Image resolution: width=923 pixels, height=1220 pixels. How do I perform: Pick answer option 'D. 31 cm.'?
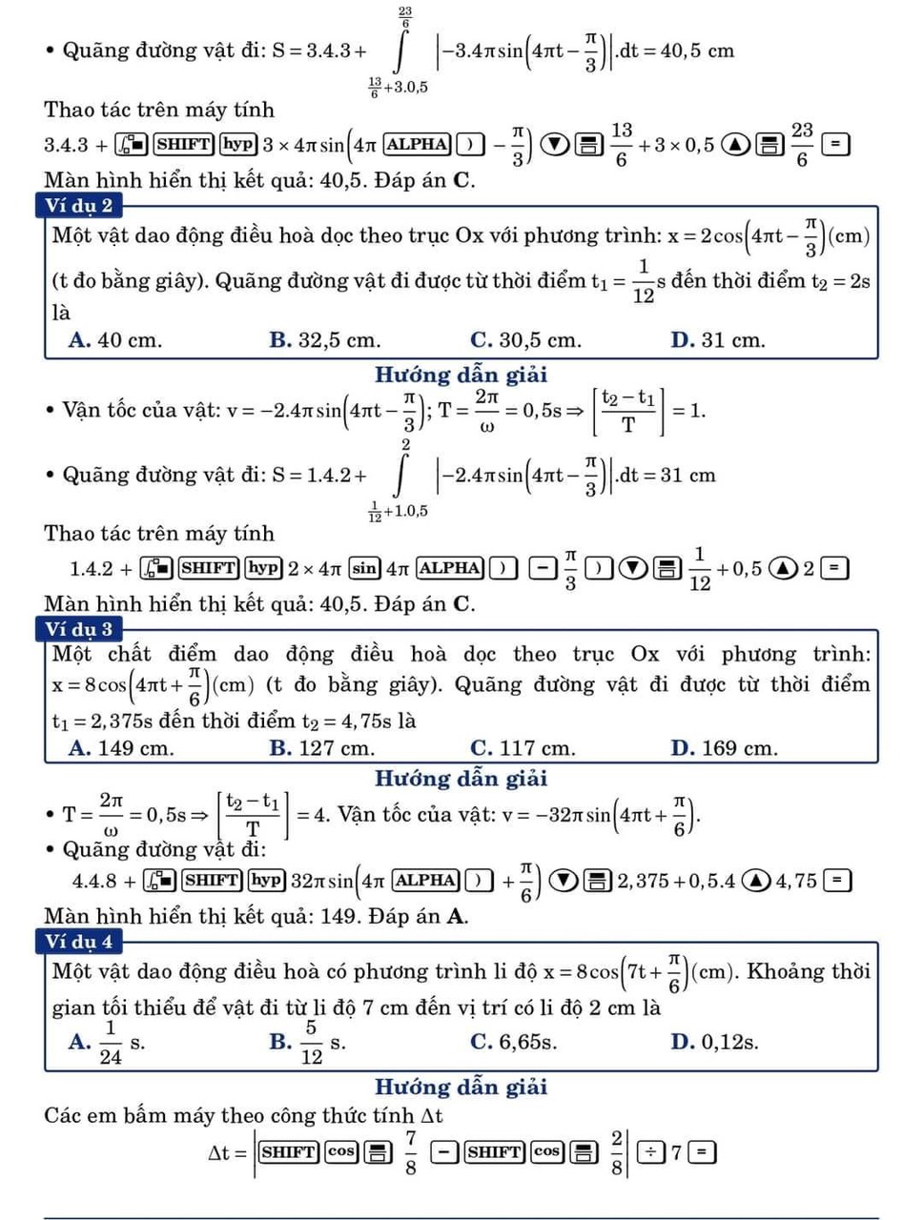[717, 340]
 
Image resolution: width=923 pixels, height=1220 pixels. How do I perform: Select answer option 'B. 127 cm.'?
[321, 748]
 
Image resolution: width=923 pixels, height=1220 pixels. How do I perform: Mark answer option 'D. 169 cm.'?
[724, 748]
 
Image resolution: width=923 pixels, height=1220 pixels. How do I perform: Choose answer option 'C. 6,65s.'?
[513, 1042]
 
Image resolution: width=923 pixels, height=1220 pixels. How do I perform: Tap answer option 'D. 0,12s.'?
[714, 1042]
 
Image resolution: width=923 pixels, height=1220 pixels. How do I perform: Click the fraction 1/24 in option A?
[111, 1042]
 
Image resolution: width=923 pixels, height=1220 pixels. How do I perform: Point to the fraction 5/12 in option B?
[311, 1042]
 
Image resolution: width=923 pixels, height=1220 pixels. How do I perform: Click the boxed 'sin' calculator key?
[364, 568]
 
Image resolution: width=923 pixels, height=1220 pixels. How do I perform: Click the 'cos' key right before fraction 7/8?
[340, 1152]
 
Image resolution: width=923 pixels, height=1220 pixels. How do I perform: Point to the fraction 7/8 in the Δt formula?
[410, 1152]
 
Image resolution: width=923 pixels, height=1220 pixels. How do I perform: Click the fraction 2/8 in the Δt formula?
[617, 1152]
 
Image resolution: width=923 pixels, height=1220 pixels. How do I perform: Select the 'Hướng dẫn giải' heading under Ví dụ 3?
[461, 779]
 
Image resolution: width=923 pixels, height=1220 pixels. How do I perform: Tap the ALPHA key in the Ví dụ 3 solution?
[424, 880]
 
